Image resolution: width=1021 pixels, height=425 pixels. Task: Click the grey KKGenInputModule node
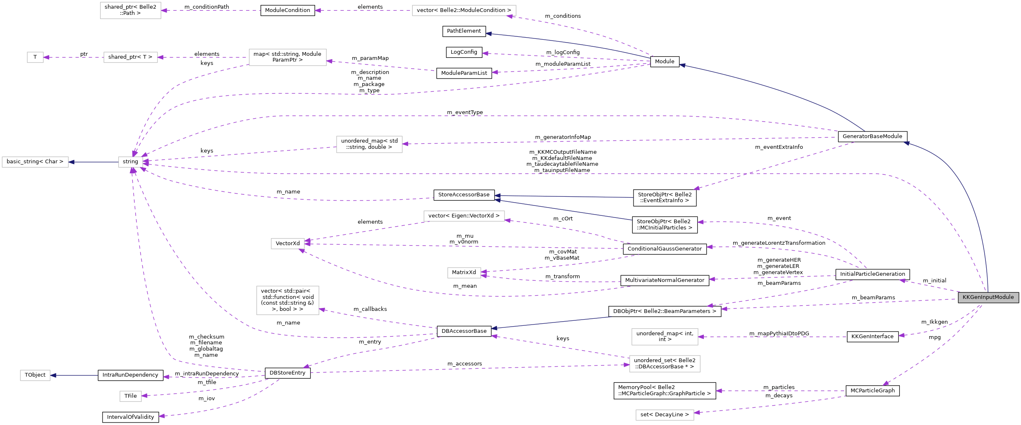pos(988,297)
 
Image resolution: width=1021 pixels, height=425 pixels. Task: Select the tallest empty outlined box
pos(287,300)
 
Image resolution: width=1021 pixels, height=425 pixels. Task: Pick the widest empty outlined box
pos(464,10)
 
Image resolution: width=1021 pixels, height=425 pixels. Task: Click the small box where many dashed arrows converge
pos(130,162)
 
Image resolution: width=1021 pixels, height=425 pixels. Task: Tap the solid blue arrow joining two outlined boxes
pos(93,162)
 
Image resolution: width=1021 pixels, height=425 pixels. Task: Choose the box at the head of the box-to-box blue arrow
pos(35,162)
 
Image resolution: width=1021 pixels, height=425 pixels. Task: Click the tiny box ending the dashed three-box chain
pos(35,57)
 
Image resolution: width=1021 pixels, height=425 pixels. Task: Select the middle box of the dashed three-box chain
pos(130,57)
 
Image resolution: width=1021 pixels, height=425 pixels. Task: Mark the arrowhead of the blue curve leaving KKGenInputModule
pos(906,143)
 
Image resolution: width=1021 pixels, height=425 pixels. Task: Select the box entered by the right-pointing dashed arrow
pos(665,364)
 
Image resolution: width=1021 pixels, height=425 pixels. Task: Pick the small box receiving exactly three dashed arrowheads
pos(287,244)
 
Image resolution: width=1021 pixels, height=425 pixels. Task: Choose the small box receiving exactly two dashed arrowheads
pos(464,273)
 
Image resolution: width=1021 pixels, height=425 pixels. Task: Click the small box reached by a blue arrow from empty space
pos(35,375)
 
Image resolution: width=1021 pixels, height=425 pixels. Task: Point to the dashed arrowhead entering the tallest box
pos(322,310)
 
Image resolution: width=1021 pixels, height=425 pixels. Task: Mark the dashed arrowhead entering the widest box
pos(510,17)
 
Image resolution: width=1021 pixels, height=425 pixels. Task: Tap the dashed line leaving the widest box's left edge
pos(364,10)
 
